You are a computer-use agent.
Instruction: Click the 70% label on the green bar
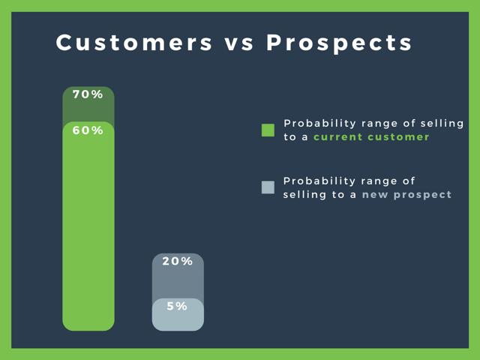point(88,94)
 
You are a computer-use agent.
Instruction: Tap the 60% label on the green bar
point(88,130)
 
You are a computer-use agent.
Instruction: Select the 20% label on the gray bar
point(178,261)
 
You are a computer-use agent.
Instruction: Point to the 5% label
point(177,306)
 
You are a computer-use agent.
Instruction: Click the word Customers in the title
point(133,43)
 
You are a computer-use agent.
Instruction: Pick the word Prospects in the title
point(339,43)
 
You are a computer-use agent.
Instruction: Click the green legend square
point(268,130)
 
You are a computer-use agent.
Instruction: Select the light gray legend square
point(268,187)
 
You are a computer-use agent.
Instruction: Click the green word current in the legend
point(338,136)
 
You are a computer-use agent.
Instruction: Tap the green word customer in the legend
point(398,136)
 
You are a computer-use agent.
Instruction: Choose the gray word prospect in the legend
point(422,195)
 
